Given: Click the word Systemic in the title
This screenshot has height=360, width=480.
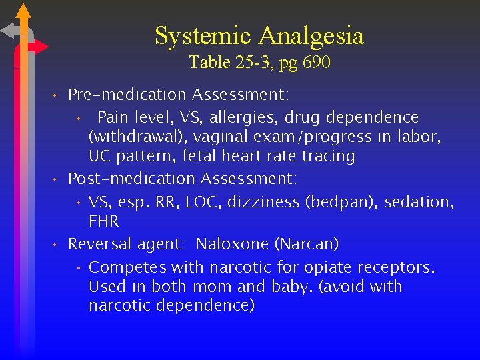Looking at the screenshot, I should (x=203, y=35).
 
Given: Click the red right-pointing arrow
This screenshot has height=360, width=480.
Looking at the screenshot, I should (x=40, y=47).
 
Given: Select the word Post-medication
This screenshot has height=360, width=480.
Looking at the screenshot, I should (x=131, y=179).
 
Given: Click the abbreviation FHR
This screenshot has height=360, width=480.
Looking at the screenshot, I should (x=103, y=221).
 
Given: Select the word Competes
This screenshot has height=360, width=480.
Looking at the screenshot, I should (x=127, y=268).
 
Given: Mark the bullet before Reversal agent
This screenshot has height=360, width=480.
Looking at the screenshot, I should (x=57, y=244).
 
